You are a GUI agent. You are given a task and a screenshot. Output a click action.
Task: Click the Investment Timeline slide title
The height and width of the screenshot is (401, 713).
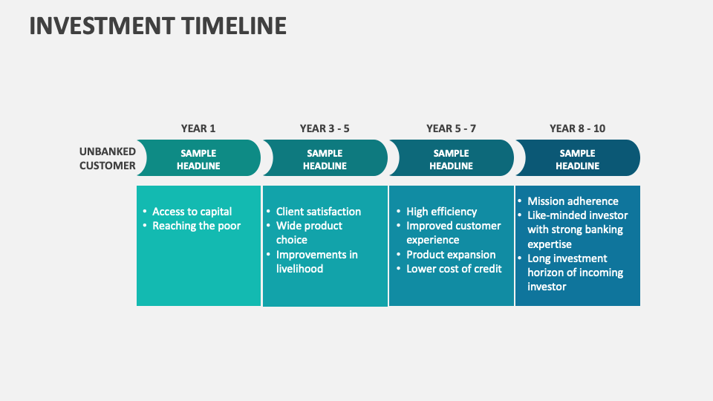(x=157, y=25)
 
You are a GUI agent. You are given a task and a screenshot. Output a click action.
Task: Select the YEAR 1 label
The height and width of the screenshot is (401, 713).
(x=198, y=128)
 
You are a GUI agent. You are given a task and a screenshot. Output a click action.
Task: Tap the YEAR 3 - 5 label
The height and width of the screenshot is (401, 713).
(x=325, y=128)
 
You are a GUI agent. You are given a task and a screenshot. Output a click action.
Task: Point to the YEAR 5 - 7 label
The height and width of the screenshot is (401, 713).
(x=451, y=128)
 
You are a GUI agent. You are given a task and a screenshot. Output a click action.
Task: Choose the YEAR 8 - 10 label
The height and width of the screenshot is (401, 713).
(x=577, y=128)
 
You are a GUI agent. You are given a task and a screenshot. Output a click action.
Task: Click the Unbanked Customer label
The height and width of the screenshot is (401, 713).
(x=108, y=158)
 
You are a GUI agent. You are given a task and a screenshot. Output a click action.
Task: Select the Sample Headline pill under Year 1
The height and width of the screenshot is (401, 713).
(x=198, y=159)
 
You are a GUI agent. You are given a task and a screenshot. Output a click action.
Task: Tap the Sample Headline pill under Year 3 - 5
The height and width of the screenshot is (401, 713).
(x=325, y=159)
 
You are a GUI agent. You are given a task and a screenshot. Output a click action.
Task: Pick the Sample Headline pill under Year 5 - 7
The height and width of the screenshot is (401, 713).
(x=451, y=159)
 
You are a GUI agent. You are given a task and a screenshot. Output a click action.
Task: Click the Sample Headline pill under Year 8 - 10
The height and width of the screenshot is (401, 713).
(x=577, y=159)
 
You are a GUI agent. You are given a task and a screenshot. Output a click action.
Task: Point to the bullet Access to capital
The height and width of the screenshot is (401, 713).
(x=192, y=212)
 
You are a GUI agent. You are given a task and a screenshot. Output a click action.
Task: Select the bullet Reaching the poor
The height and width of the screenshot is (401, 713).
(x=196, y=226)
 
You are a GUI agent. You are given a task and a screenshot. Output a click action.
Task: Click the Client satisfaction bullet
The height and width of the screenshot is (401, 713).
(x=318, y=212)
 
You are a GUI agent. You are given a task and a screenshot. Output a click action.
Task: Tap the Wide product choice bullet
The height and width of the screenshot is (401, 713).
(x=309, y=232)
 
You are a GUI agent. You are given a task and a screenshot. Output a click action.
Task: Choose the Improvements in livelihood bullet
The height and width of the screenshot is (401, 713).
(x=316, y=261)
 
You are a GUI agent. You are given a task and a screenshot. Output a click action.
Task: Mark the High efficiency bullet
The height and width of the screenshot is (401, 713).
(x=441, y=212)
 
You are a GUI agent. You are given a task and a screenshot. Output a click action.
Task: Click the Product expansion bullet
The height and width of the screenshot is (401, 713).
(x=450, y=255)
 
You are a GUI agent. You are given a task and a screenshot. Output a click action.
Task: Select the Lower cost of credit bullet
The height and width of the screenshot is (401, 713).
(x=454, y=269)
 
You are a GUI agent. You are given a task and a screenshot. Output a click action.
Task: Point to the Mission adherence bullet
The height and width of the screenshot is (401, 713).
(x=572, y=201)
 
